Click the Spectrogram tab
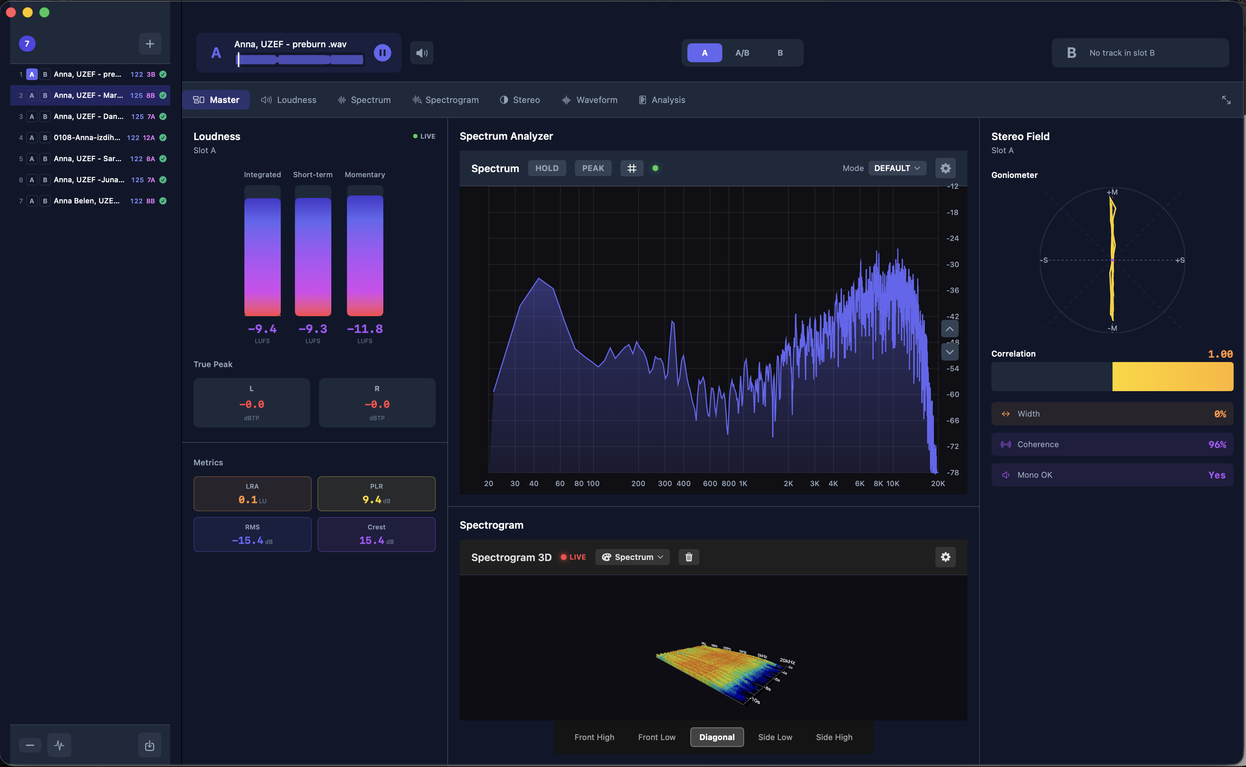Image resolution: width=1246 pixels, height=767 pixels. coord(446,100)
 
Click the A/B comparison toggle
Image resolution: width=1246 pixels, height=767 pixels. coord(742,53)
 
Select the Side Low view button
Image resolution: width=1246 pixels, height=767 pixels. coord(775,737)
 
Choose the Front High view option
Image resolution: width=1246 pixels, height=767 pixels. coord(594,737)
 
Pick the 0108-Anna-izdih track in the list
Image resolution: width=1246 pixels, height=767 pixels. coord(87,138)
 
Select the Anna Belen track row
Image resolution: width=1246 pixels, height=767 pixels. coord(87,201)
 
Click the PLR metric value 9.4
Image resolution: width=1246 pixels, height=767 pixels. coord(372,500)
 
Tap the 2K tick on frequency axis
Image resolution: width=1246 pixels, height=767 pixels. coord(788,484)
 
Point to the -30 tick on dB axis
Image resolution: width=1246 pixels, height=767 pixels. coord(953,264)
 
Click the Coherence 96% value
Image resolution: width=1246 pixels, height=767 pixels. coord(1217,444)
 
